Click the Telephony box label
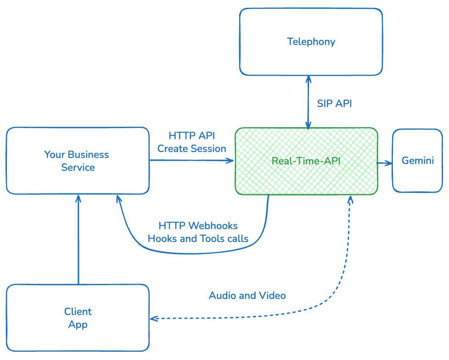coord(311,42)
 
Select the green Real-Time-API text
coord(306,161)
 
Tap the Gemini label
coord(418,161)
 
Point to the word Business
coord(88,154)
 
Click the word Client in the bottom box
coord(78,312)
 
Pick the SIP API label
coord(334,104)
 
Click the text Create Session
coord(192,149)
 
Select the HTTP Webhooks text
coord(198,226)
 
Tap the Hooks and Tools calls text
coord(198,239)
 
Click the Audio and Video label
coord(247,295)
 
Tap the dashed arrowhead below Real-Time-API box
coord(350,200)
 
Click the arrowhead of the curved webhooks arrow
coord(118,199)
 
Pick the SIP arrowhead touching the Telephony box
coord(308,79)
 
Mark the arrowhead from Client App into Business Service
coord(79,198)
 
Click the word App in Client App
coord(78,325)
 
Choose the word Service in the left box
coord(78,168)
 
